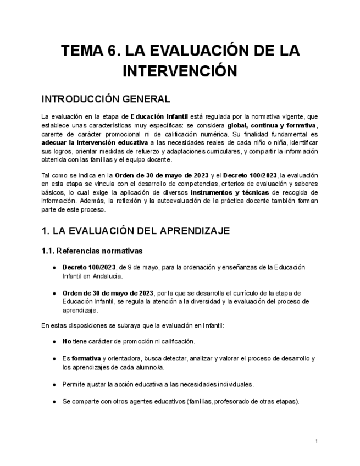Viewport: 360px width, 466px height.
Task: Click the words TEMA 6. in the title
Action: pos(90,52)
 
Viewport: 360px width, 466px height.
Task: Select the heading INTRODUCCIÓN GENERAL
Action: pos(106,99)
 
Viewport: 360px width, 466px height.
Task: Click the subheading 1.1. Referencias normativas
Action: pos(92,251)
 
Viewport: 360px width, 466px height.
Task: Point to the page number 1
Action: pos(317,441)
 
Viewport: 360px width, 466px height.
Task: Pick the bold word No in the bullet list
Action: pos(67,341)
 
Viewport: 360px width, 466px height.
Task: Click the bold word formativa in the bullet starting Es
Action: pos(86,358)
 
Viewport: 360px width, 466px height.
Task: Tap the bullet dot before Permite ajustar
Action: pos(54,384)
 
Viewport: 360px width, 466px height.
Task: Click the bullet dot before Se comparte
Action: pos(54,401)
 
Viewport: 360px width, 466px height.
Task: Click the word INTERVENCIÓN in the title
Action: pos(180,72)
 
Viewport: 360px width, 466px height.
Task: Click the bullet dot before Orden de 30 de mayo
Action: pos(54,293)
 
